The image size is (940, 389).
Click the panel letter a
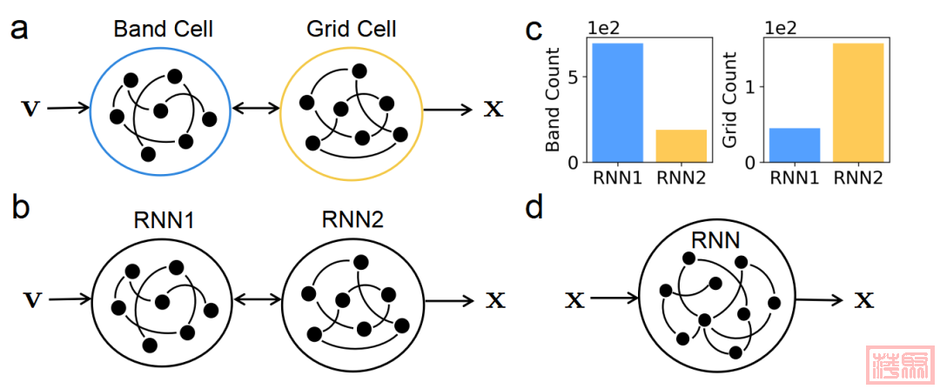click(x=21, y=28)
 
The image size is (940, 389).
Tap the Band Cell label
click(x=163, y=29)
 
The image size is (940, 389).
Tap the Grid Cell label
click(x=352, y=29)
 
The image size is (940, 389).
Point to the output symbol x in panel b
click(x=494, y=300)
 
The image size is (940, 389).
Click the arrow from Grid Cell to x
click(x=449, y=110)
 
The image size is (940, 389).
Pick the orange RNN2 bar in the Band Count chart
click(x=681, y=145)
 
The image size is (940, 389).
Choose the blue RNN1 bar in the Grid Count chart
click(x=794, y=144)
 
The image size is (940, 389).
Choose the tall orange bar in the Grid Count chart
click(x=858, y=102)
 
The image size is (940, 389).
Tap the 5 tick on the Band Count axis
click(x=573, y=77)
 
